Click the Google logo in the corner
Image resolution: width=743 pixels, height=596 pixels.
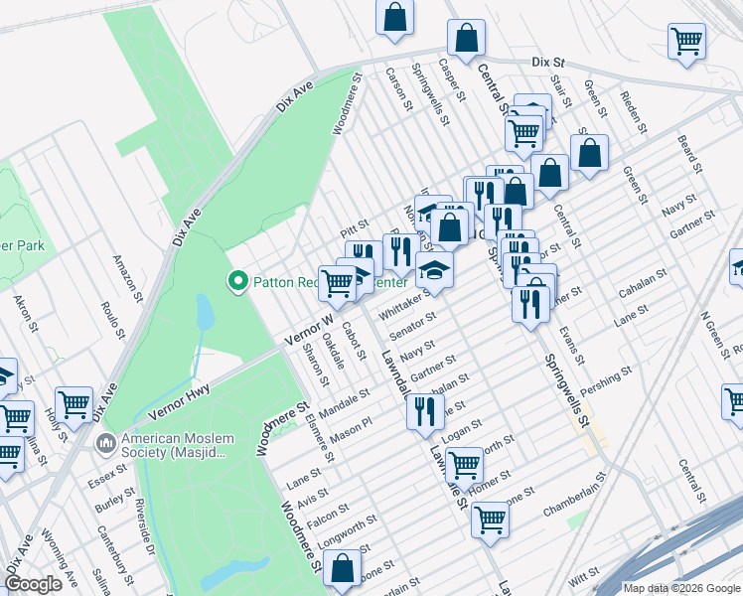(x=33, y=584)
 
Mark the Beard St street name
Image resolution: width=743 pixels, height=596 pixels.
(x=688, y=151)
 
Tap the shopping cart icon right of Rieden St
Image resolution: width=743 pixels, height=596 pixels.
(x=686, y=42)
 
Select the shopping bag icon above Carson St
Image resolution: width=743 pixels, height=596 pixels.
(x=394, y=17)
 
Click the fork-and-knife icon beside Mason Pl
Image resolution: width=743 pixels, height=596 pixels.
(x=425, y=409)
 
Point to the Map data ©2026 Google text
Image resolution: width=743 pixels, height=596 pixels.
(x=681, y=588)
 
